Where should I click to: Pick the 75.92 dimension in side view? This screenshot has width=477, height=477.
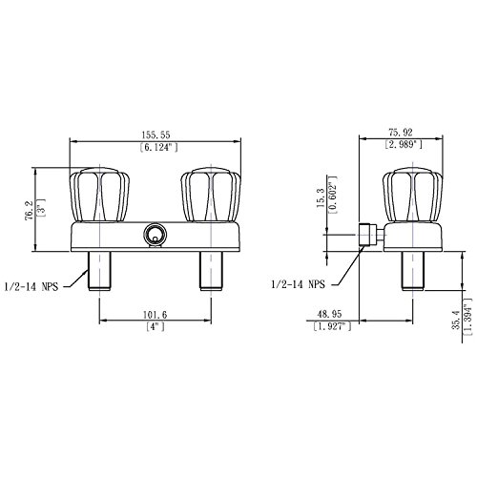click(x=399, y=133)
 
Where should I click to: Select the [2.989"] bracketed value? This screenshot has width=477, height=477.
click(x=399, y=145)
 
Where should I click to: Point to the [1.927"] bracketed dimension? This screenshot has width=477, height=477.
click(x=329, y=327)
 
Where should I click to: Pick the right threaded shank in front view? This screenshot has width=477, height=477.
click(x=211, y=271)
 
